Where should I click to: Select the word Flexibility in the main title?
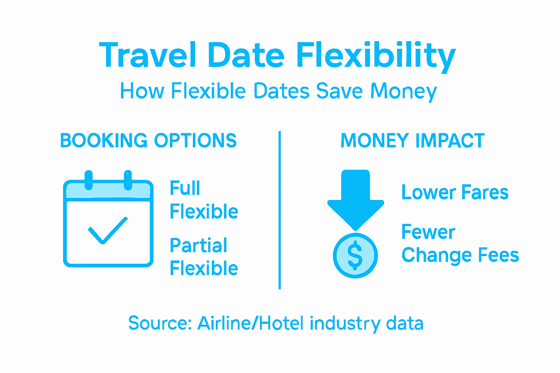pyautogui.click(x=376, y=56)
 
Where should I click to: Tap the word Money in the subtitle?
pyautogui.click(x=404, y=91)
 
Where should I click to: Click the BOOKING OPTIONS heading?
pyautogui.click(x=148, y=141)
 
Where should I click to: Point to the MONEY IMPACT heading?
pyautogui.click(x=412, y=141)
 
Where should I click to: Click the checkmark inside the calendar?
pyautogui.click(x=108, y=230)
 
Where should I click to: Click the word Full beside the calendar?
pyautogui.click(x=185, y=188)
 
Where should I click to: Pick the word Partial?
pyautogui.click(x=198, y=245)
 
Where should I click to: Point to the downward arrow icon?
pyautogui.click(x=355, y=199)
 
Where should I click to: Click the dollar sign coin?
pyautogui.click(x=355, y=255)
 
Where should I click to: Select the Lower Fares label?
pyautogui.click(x=455, y=192)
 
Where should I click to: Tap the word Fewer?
pyautogui.click(x=428, y=232)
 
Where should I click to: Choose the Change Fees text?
pyautogui.click(x=460, y=255)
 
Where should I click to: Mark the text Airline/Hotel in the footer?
pyautogui.click(x=250, y=323)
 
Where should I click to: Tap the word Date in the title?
pyautogui.click(x=246, y=55)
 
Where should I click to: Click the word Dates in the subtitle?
pyautogui.click(x=282, y=91)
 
